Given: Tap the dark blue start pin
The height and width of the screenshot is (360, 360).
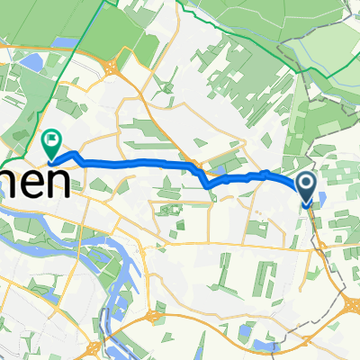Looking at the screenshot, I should point(306,187).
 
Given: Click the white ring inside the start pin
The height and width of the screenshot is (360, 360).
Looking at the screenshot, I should point(306,184).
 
